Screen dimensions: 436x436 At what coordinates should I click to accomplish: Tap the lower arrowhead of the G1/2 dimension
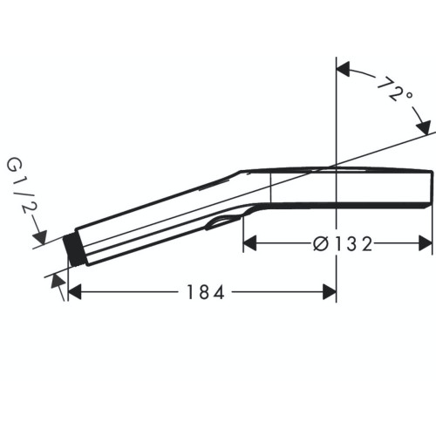tap(58, 280)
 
